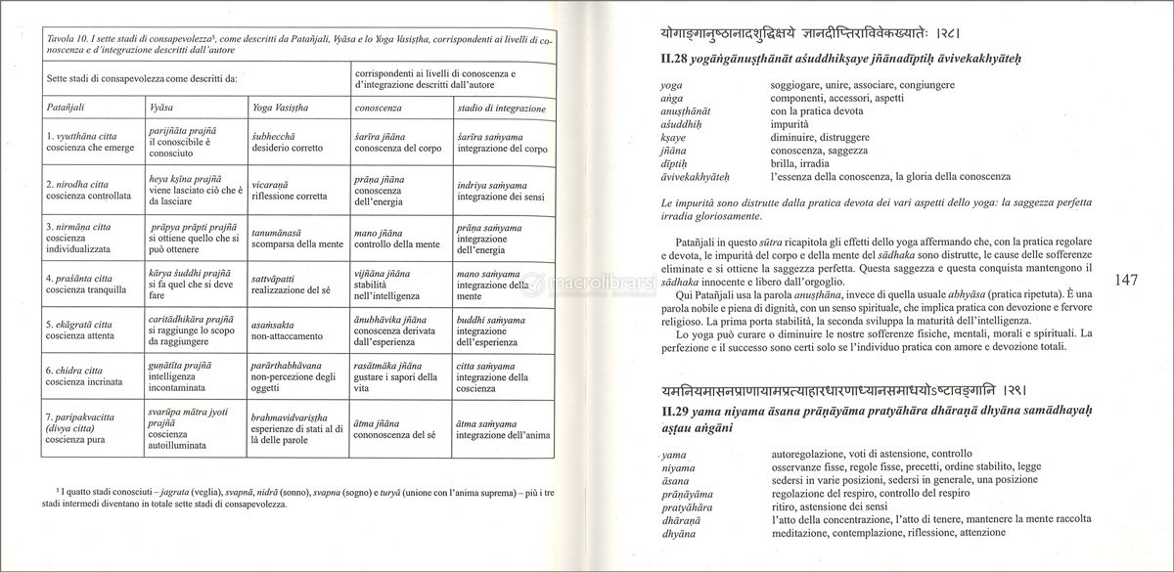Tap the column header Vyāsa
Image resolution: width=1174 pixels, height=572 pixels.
pyautogui.click(x=162, y=103)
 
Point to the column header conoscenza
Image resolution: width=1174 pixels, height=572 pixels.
pyautogui.click(x=380, y=103)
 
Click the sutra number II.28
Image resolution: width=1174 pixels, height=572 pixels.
pyautogui.click(x=679, y=61)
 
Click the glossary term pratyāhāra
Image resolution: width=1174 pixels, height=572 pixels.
pyautogui.click(x=689, y=508)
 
